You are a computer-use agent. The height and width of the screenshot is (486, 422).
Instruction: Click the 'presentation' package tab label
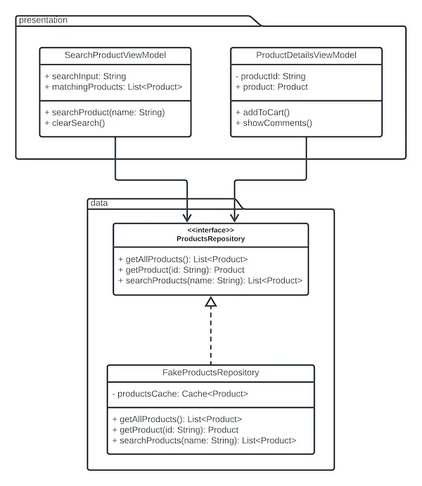(44, 20)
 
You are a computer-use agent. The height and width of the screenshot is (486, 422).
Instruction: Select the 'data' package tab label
(98, 203)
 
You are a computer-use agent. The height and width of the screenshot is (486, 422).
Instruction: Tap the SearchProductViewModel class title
(115, 56)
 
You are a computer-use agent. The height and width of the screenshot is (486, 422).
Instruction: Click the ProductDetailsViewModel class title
(306, 56)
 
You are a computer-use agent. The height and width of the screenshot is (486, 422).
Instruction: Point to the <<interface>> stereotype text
(210, 230)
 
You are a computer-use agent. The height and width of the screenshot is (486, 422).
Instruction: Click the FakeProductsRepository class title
(210, 372)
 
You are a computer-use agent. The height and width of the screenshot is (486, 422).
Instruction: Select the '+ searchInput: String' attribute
(84, 75)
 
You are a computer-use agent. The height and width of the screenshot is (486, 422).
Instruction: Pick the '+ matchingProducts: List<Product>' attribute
(113, 87)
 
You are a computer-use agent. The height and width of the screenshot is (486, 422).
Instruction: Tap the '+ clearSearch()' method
(75, 123)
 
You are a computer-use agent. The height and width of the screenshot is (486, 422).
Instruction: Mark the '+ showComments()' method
(274, 123)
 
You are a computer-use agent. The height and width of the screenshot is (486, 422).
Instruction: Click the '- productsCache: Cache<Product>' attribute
(179, 393)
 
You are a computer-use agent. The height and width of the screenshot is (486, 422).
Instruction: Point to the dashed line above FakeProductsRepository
(210, 338)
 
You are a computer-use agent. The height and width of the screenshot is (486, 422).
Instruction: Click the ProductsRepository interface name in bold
(210, 239)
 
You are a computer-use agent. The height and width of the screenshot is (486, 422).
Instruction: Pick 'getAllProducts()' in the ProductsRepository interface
(181, 259)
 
